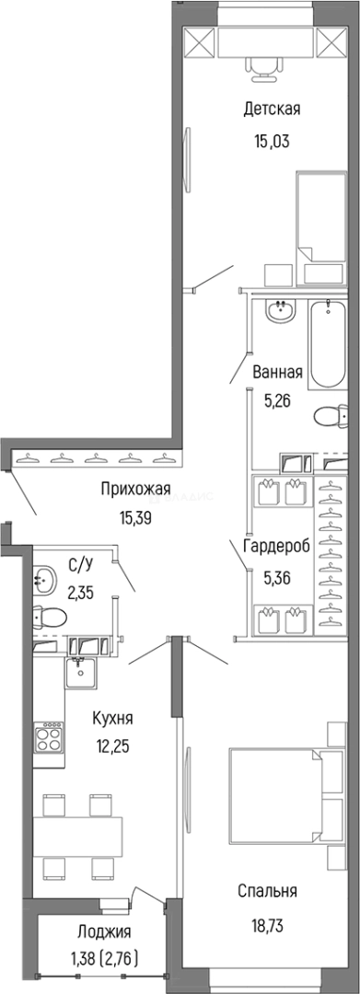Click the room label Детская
[x=272, y=110]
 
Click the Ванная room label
[x=278, y=373]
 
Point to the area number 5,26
[x=278, y=400]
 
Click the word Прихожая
[x=136, y=490]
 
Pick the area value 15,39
[x=136, y=518]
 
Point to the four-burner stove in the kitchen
[x=48, y=739]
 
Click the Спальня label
[x=266, y=890]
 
